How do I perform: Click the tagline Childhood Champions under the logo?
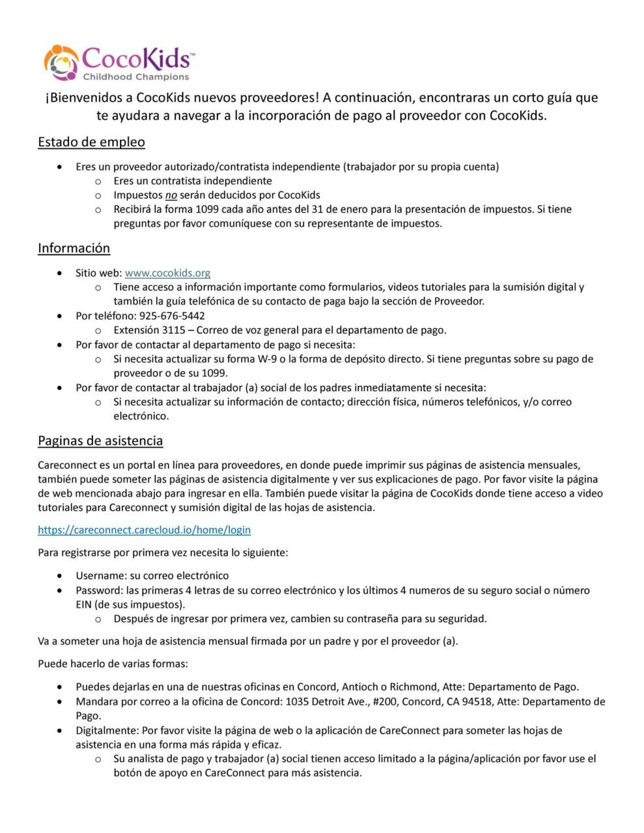click(135, 77)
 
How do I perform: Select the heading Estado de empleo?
click(91, 142)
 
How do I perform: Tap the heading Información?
click(74, 248)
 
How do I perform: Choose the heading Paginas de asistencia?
click(100, 441)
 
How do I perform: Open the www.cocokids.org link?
click(167, 273)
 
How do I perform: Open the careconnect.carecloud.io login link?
click(144, 530)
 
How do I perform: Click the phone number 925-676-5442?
click(172, 316)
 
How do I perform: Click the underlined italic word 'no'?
click(171, 195)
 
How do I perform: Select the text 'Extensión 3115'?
click(149, 330)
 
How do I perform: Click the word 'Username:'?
click(101, 575)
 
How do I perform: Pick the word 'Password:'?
click(100, 590)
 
